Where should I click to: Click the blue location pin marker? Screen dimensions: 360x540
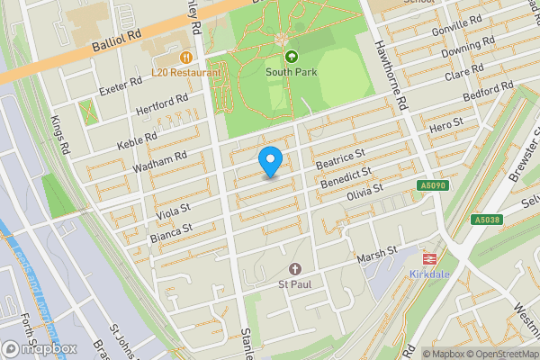(271, 161)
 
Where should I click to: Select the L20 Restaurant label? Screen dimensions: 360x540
(185, 72)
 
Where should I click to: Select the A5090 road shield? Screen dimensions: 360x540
(432, 186)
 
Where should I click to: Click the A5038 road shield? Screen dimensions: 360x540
(486, 220)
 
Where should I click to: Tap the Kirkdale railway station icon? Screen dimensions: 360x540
(430, 256)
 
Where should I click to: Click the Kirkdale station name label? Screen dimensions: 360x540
(430, 274)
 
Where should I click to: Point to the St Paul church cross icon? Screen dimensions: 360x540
(294, 269)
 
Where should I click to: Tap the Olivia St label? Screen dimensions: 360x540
(359, 192)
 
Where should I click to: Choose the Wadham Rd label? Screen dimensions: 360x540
(160, 162)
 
